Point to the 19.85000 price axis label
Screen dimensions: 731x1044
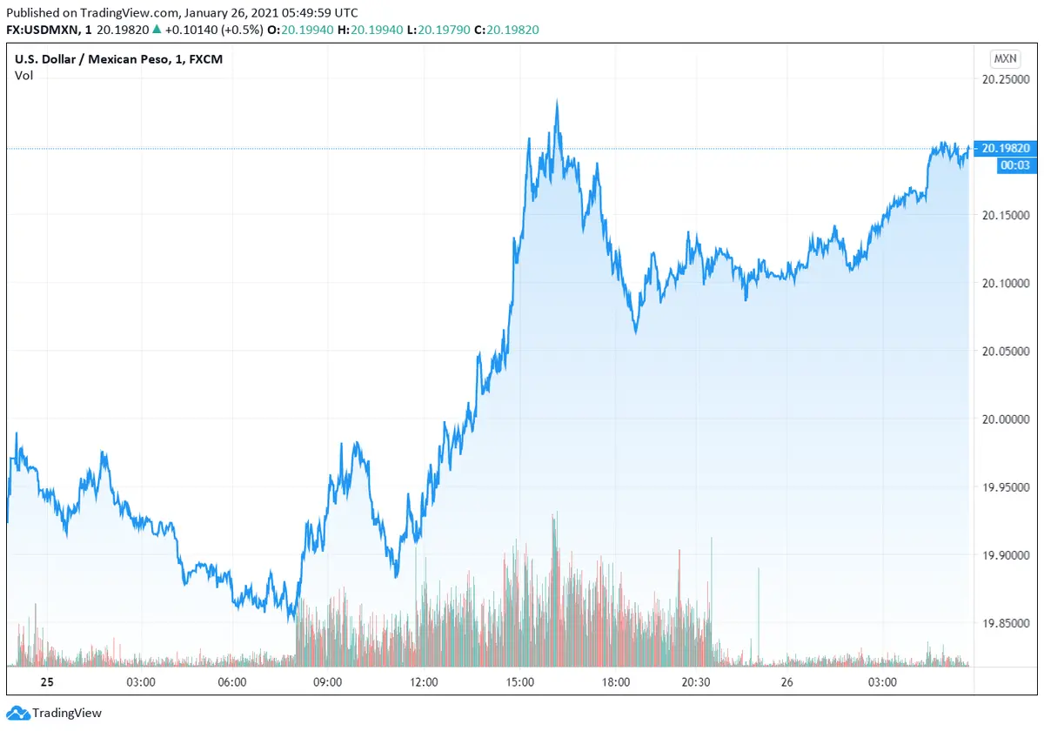click(1005, 623)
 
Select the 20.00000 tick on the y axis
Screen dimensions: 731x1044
click(1005, 419)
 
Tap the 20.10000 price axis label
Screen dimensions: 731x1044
click(1005, 283)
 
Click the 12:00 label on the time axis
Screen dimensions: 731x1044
click(424, 682)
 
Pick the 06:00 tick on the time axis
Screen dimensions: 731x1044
click(232, 682)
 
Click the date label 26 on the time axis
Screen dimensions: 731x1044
click(787, 682)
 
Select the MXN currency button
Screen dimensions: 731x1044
click(1005, 59)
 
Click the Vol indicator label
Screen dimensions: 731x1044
click(23, 76)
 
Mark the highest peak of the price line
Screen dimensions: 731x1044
click(557, 101)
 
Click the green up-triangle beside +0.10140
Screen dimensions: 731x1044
click(157, 29)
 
